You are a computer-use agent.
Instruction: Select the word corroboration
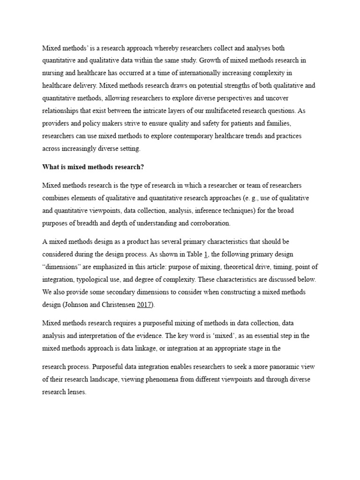(x=205, y=224)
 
